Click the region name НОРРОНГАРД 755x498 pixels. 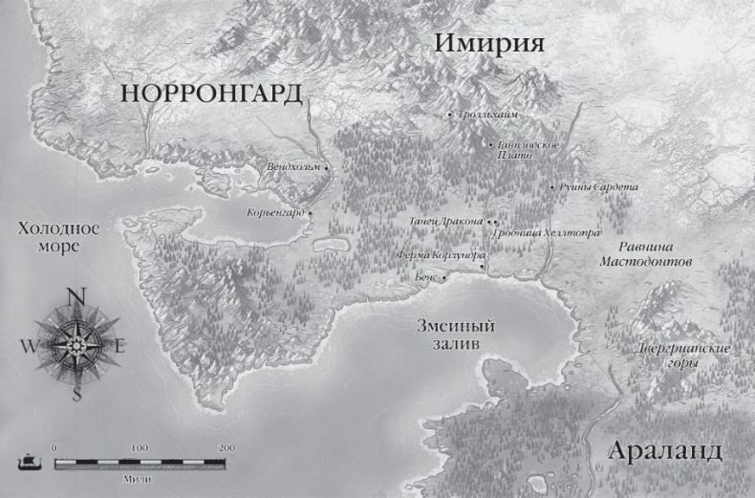(x=211, y=94)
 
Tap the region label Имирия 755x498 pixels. (x=488, y=44)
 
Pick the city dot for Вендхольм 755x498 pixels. (x=327, y=167)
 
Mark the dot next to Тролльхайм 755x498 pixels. (x=449, y=114)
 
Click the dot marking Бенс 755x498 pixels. (x=443, y=277)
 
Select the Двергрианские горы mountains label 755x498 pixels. (x=682, y=356)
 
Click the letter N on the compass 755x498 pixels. (x=76, y=294)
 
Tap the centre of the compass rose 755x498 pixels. (x=76, y=344)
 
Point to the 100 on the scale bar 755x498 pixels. (x=140, y=447)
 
